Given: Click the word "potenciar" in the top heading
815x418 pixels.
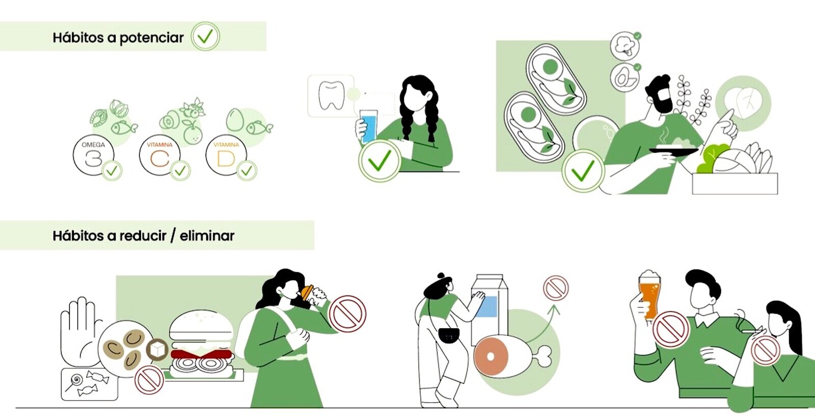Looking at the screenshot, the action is [151, 38].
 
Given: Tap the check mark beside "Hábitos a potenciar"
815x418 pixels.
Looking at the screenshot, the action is [205, 36].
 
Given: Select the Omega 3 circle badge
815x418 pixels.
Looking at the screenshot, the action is [93, 155].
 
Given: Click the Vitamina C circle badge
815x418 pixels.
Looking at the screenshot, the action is [160, 155].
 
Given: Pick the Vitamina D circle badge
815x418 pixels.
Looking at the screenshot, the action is [226, 155].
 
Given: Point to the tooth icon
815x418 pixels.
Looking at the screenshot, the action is [331, 95].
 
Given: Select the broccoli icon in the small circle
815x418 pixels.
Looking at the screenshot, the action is [625, 46].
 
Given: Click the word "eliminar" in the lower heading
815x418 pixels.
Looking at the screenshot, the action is [207, 236].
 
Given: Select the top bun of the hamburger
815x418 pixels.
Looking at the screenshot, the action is [201, 325].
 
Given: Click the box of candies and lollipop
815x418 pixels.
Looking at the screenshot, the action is [90, 384].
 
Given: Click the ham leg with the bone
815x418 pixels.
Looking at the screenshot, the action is [511, 356].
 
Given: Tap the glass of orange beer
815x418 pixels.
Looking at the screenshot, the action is [650, 296].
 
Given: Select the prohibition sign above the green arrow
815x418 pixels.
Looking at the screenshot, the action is [556, 288].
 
